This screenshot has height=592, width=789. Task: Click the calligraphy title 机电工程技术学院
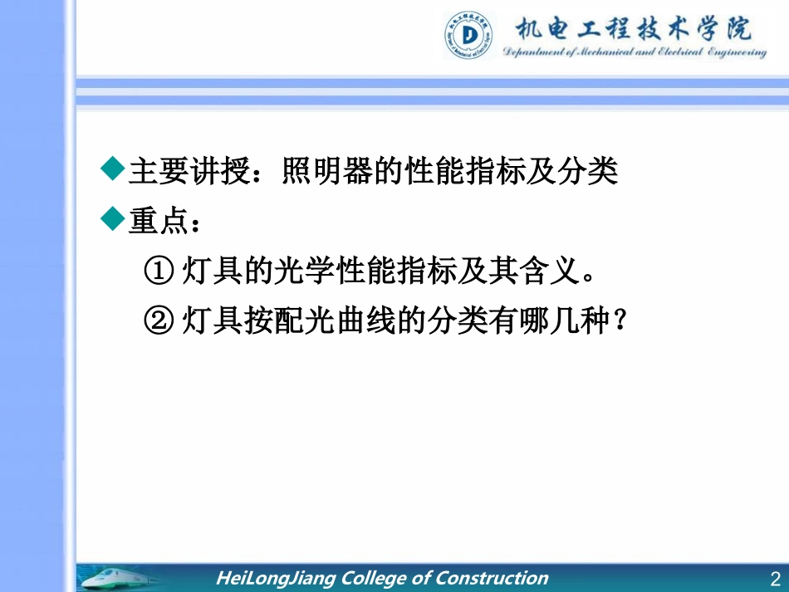pos(634,30)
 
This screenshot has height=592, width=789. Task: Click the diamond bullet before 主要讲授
pos(112,170)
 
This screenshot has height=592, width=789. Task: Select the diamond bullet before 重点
pos(112,219)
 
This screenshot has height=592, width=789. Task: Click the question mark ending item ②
pos(616,320)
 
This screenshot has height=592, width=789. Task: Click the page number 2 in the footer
pos(775,579)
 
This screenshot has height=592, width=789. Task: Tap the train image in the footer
pos(125,578)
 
